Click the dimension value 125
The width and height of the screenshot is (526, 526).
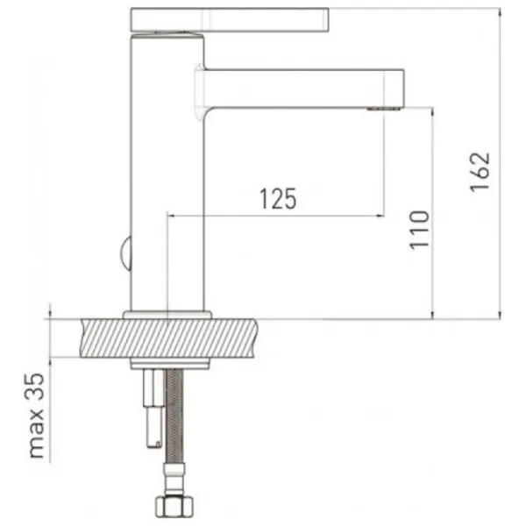[x=278, y=199]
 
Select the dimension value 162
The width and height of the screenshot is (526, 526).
[x=480, y=172]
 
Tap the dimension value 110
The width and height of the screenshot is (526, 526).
[x=419, y=230]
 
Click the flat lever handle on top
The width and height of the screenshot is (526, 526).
[x=230, y=20]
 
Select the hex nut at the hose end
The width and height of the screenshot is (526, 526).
[x=174, y=507]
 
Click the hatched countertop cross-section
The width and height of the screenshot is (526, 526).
[x=169, y=338]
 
